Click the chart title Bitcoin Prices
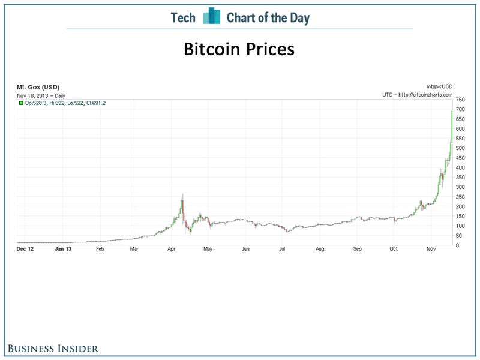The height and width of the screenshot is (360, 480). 239,49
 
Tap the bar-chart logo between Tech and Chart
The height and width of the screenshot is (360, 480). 211,17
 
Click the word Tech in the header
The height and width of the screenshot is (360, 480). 183,17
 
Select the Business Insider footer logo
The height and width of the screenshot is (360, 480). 53,348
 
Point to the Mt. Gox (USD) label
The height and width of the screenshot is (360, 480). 37,88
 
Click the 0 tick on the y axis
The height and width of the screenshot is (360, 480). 458,245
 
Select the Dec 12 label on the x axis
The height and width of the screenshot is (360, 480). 24,248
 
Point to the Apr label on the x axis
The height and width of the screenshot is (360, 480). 172,248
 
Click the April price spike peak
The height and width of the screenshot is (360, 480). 182,194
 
